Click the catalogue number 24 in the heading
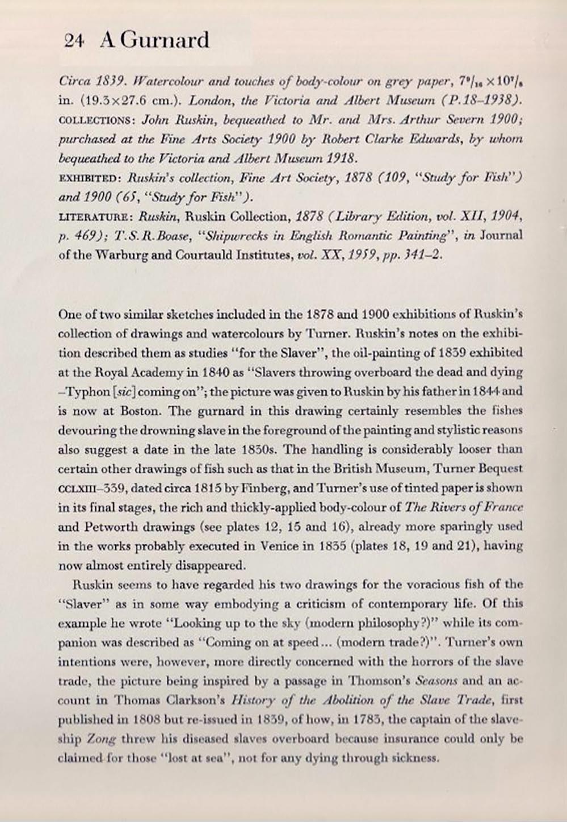[x=74, y=41]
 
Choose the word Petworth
[x=107, y=527]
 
